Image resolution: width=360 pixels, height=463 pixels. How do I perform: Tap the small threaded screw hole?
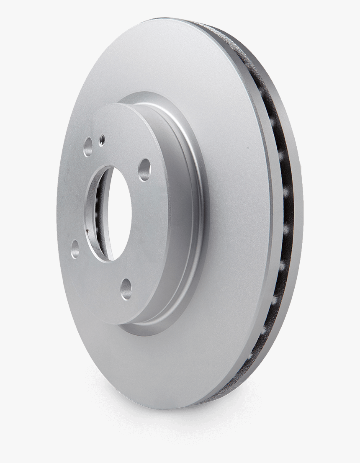[x=101, y=137]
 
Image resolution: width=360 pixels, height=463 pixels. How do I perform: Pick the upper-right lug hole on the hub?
[x=144, y=170]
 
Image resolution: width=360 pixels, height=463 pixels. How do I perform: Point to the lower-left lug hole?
[x=75, y=248]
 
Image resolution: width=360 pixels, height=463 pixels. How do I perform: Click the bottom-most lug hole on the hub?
[x=126, y=288]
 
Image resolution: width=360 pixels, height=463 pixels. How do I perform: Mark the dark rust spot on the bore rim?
[x=87, y=229]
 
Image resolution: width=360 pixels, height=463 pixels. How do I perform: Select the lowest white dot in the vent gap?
[x=263, y=331]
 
